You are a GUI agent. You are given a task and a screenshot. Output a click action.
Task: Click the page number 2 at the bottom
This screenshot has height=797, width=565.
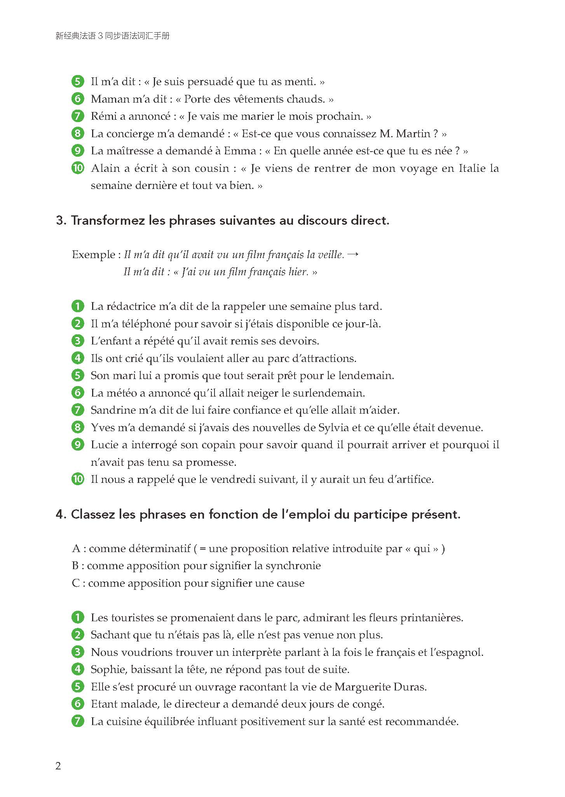pos(58,766)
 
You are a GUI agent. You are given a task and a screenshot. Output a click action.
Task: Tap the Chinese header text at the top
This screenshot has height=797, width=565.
pos(113,36)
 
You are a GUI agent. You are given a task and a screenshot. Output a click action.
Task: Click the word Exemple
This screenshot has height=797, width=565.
pos(93,255)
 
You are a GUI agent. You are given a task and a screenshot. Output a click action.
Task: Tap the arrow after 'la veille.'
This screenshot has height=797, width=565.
pos(353,254)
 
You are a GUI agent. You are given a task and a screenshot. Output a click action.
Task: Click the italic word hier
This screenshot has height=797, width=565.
pos(298,272)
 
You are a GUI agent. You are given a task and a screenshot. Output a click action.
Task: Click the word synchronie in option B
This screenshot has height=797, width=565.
pos(293,566)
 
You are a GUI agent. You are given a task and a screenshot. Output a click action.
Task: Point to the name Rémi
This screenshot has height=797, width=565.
pos(104,116)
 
